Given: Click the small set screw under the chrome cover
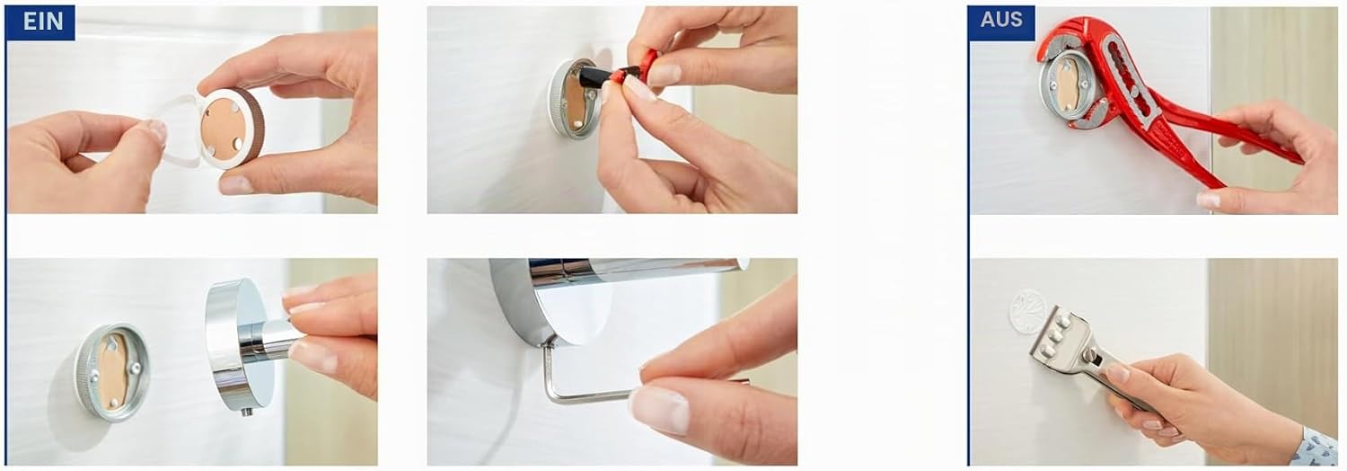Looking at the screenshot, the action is click(246, 412).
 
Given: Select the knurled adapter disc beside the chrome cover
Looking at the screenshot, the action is click(112, 372).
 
